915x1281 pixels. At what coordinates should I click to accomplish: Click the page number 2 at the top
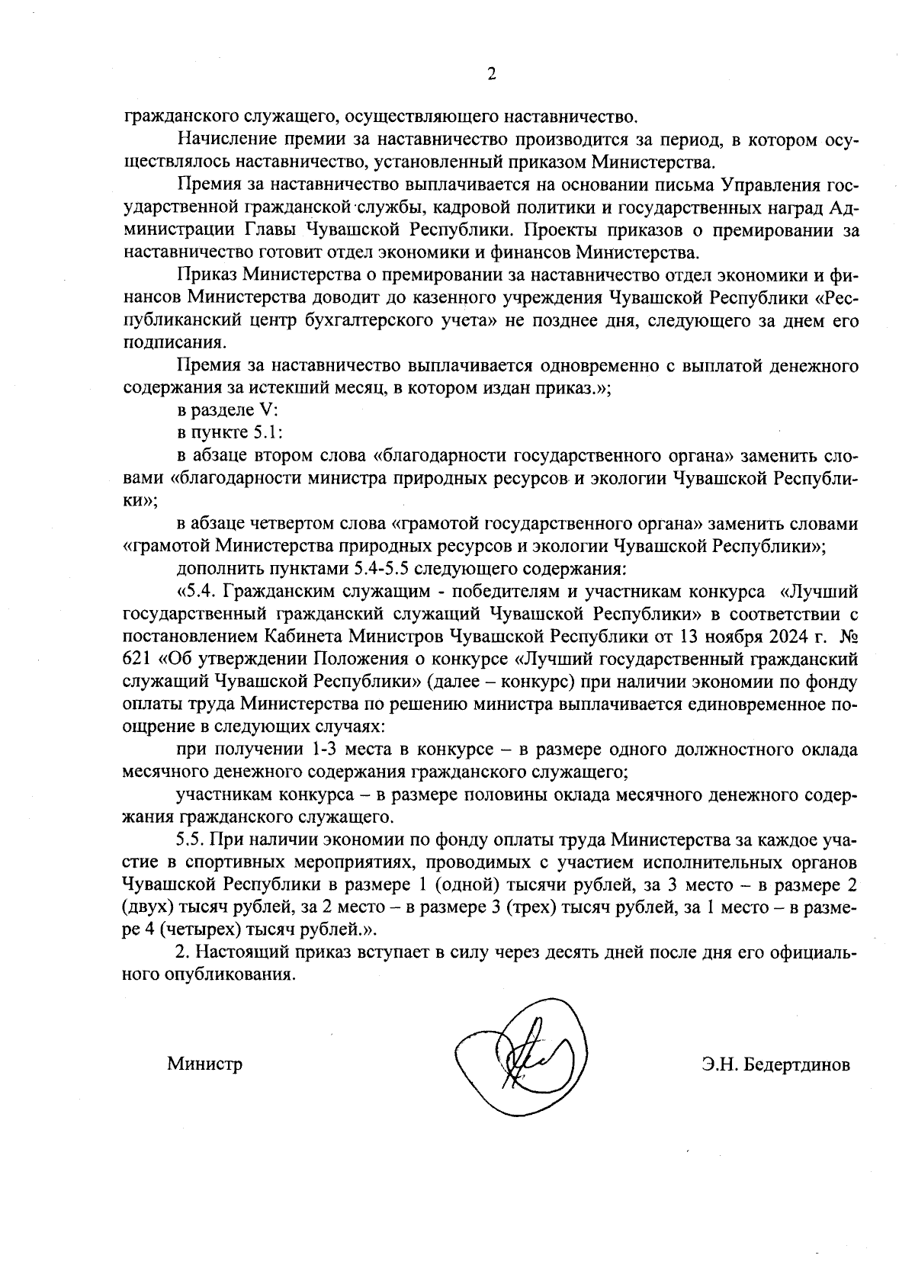(x=491, y=74)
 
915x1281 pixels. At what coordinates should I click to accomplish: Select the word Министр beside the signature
(x=205, y=1064)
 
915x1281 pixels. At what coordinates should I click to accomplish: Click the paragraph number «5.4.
(x=201, y=592)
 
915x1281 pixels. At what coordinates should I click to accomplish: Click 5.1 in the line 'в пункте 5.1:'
(x=270, y=432)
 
